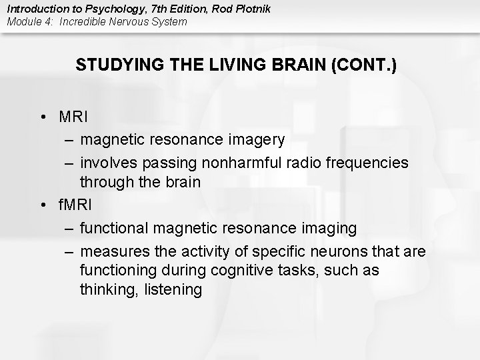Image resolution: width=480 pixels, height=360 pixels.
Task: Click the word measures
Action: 113,251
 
